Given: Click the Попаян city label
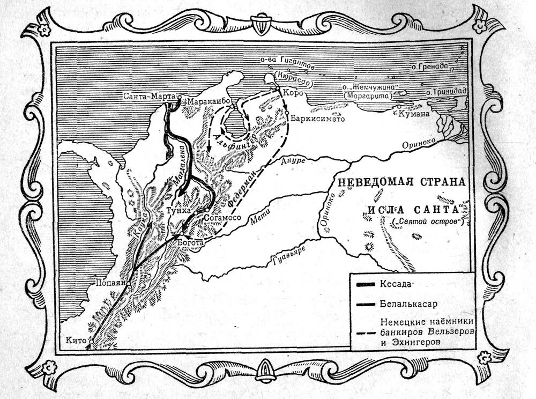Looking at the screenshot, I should tap(109, 282).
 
